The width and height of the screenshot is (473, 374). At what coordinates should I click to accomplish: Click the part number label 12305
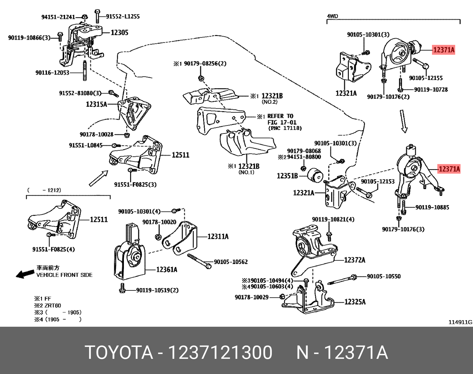tap(119, 33)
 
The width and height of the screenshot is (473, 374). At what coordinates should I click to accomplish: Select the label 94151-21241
tap(58, 17)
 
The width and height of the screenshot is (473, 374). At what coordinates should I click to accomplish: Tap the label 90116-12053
tap(52, 73)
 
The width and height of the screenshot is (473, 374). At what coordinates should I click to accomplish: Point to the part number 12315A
tap(96, 104)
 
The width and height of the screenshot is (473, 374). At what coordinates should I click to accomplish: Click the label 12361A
tap(166, 270)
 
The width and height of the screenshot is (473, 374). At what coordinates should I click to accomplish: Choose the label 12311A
tap(218, 237)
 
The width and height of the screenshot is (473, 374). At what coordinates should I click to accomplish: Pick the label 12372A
tap(355, 260)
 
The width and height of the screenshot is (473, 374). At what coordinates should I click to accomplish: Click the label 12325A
tap(355, 302)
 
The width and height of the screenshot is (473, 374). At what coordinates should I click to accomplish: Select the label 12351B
tap(287, 176)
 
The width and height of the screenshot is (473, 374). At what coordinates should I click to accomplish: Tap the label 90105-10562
tap(231, 262)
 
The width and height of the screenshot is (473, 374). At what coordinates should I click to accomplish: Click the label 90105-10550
tap(383, 276)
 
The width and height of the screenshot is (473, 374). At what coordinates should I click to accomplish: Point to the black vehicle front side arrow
tap(24, 274)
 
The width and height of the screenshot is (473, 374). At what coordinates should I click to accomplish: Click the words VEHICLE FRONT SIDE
tap(64, 275)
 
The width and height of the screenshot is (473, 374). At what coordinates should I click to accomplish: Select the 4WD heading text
tap(332, 16)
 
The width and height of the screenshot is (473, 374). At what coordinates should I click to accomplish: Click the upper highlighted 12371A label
tap(444, 50)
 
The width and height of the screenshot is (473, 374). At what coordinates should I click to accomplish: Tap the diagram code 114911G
tap(460, 322)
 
